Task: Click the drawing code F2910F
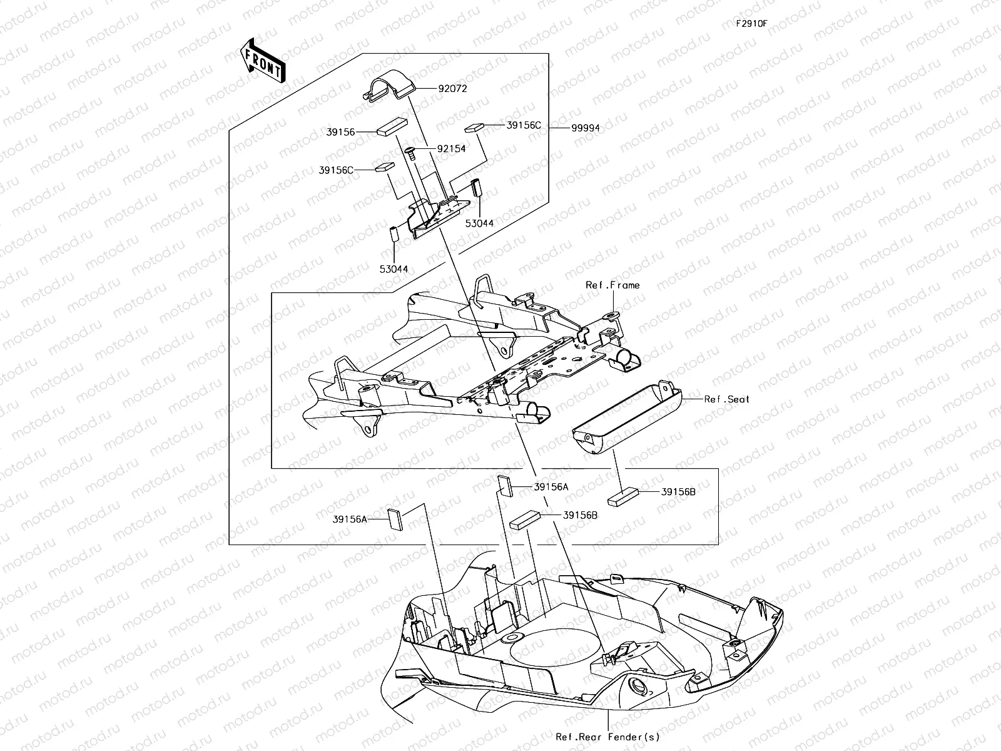tap(751, 24)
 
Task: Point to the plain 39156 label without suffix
tap(340, 132)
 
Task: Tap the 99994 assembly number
tap(585, 128)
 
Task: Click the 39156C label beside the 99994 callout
tap(524, 125)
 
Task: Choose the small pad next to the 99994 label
tap(475, 128)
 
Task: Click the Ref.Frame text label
tap(612, 285)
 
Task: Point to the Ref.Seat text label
tap(726, 399)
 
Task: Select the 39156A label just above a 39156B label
tap(551, 486)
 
